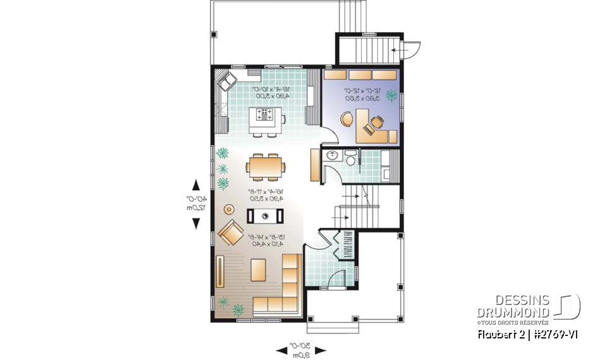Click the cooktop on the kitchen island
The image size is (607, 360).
265,115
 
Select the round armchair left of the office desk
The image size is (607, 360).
347,119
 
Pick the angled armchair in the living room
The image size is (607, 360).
230,234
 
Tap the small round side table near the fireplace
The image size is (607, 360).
229,209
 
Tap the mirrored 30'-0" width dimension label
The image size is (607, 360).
301,350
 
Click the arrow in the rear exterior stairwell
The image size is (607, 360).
398,49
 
